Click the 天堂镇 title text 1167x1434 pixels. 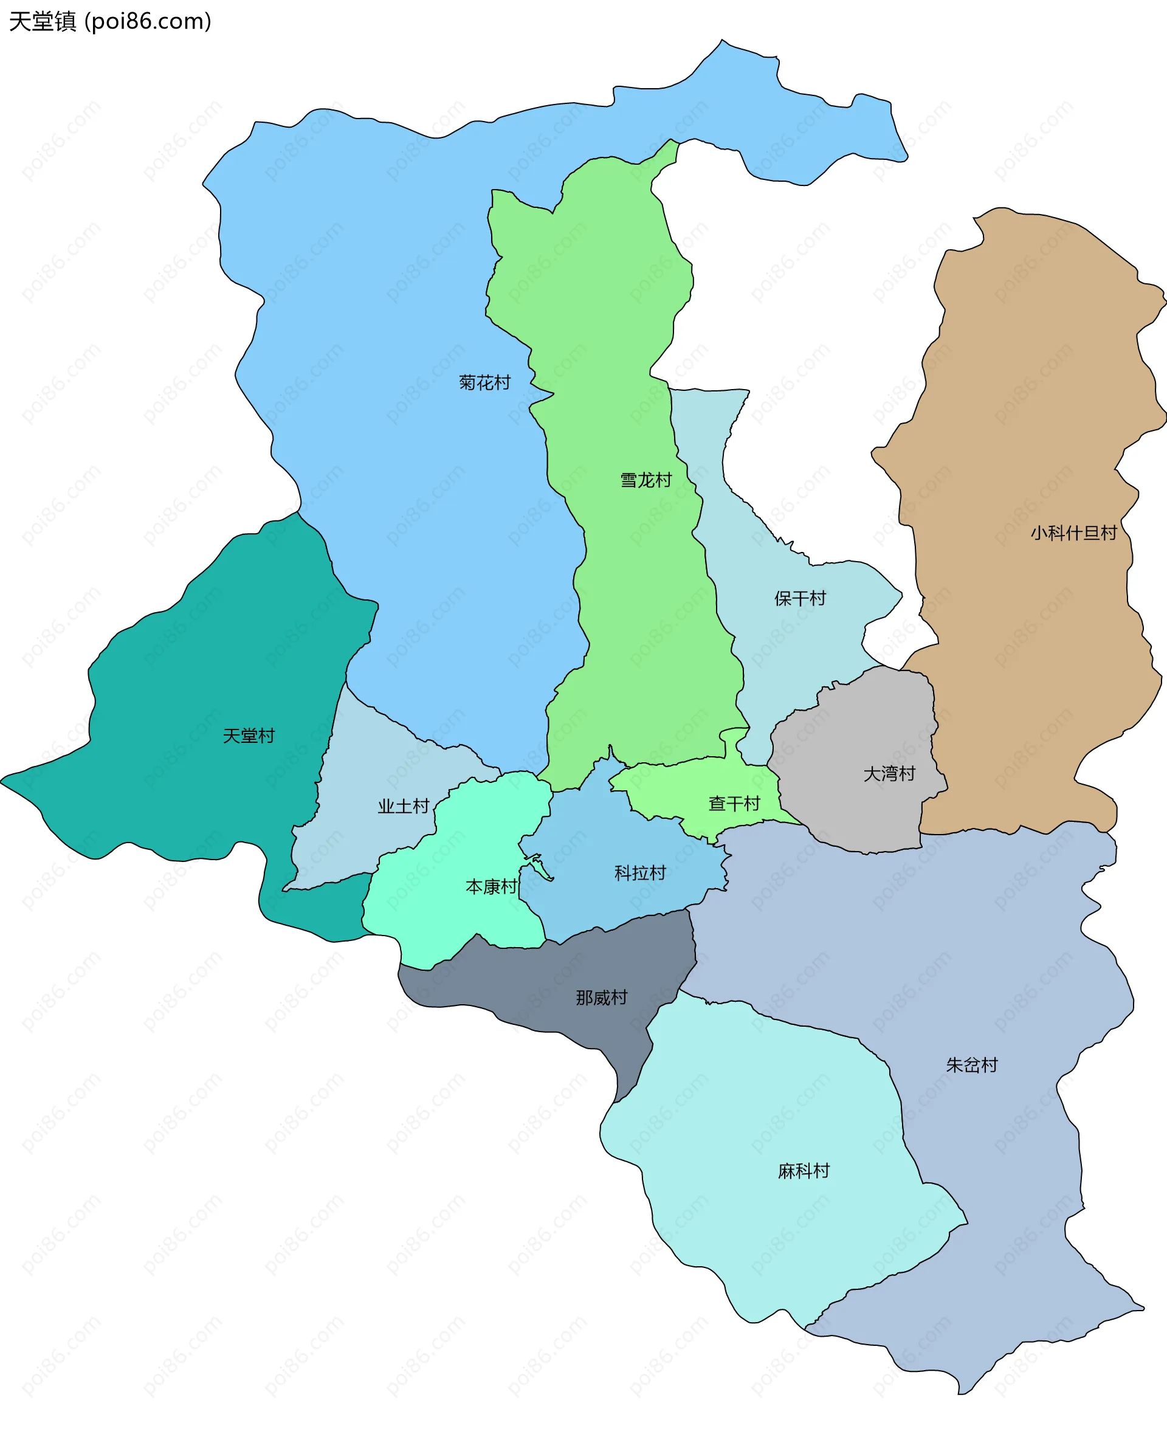pos(43,21)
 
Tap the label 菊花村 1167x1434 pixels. pos(484,382)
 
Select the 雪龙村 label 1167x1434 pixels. pos(645,480)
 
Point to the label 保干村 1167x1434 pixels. pos(799,598)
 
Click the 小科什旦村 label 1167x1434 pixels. pos(1073,533)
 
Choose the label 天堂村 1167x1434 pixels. pos(249,736)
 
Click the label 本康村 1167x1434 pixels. pos(491,887)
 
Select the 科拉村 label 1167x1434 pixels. pos(639,873)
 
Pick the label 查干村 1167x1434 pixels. pos(734,804)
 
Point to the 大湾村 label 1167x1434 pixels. pos(889,774)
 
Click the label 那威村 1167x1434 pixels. pos(601,997)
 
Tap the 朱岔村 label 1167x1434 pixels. pos(971,1065)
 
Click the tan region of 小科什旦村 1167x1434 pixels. pos(1035,404)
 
